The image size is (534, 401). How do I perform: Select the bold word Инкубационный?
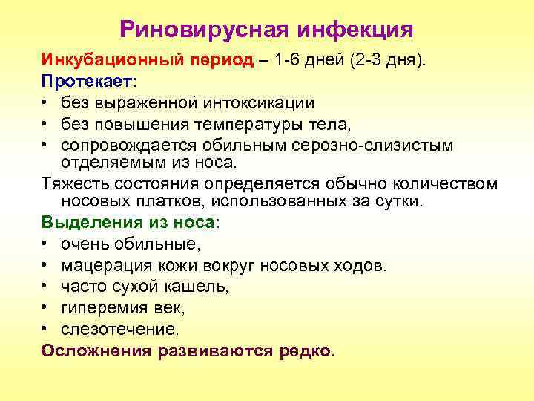tap(99, 60)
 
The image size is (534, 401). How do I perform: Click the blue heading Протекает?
tap(84, 81)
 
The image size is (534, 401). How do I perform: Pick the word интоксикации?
tap(260, 102)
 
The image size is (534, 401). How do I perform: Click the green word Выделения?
tap(85, 223)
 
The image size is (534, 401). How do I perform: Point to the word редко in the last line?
tap(306, 348)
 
